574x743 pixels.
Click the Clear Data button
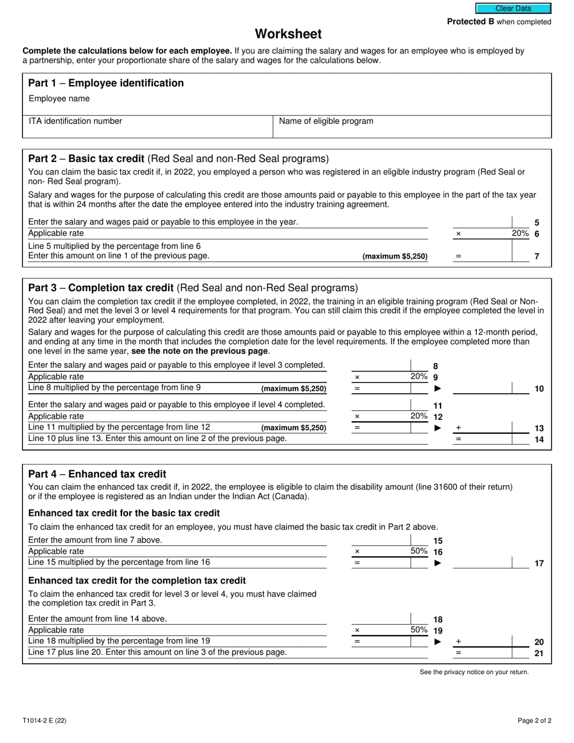coord(513,8)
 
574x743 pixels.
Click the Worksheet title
coord(288,34)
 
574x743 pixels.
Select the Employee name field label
coord(59,98)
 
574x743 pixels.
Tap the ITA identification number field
coord(148,126)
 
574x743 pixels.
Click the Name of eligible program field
coord(413,126)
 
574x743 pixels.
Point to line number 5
coord(537,223)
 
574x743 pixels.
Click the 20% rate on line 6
coord(520,234)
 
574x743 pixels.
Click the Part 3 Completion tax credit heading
coord(193,288)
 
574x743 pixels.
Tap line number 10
coord(539,389)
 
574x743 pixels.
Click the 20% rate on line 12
coord(419,416)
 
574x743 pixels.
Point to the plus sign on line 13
coord(458,428)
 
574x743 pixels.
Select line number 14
coord(539,439)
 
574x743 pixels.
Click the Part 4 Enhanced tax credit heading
coord(97,474)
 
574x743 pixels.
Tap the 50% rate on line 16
coord(419,551)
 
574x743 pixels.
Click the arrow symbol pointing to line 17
coord(438,563)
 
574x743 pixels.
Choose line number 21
coord(539,653)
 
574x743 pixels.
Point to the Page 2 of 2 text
coord(534,720)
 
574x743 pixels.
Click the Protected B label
coord(499,22)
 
